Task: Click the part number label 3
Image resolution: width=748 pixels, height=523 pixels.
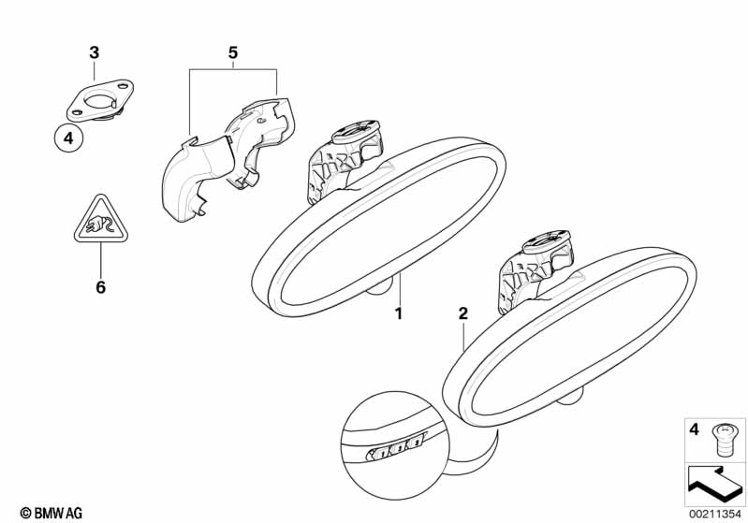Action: point(94,52)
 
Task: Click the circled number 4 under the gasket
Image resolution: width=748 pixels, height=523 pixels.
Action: point(67,139)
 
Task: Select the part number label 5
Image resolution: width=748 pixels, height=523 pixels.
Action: point(233,52)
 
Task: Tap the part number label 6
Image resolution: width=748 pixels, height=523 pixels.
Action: point(100,287)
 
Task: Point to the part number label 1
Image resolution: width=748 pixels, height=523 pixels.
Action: point(398,314)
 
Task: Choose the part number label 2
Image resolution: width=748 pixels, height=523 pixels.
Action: point(462,314)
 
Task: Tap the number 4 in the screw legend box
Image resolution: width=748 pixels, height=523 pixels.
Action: point(694,429)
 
